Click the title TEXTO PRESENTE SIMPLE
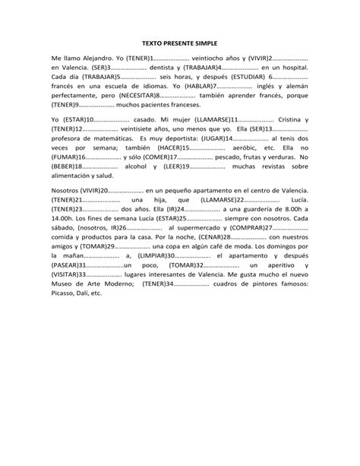click(x=179, y=45)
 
